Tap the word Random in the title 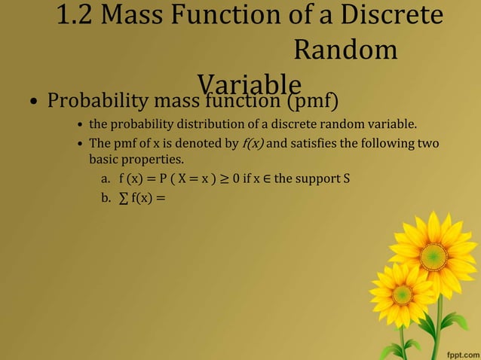pyautogui.click(x=345, y=50)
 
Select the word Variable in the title pyautogui.click(x=250, y=83)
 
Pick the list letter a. pyautogui.click(x=106, y=180)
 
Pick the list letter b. pyautogui.click(x=106, y=199)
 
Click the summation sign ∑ pyautogui.click(x=122, y=199)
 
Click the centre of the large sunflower pyautogui.click(x=434, y=257)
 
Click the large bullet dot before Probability pyautogui.click(x=34, y=102)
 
